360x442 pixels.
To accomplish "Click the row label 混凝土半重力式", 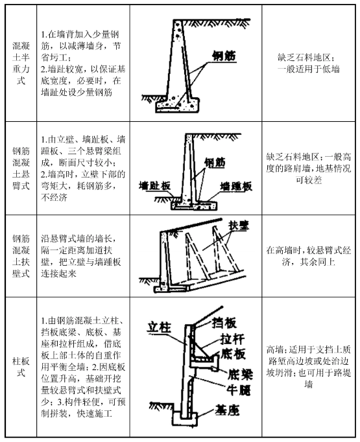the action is pyautogui.click(x=21, y=63).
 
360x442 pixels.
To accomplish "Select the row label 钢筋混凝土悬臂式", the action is pyautogui.click(x=21, y=169).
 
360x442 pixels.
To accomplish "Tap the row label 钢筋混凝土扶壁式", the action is pyautogui.click(x=21, y=256).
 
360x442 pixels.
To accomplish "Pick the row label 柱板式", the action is pyautogui.click(x=21, y=367).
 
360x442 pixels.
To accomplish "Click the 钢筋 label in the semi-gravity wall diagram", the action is pyautogui.click(x=224, y=56).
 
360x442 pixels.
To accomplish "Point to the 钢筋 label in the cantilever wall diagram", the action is pyautogui.click(x=215, y=163).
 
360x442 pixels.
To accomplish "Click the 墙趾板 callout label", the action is pyautogui.click(x=155, y=186).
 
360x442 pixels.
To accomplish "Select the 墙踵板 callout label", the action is pyautogui.click(x=236, y=187).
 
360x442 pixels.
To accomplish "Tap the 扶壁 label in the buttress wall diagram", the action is pyautogui.click(x=239, y=226).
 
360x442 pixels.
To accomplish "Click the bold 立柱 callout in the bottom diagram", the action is pyautogui.click(x=159, y=327).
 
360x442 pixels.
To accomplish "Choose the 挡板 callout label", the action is pyautogui.click(x=224, y=323).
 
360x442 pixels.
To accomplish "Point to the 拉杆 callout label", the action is pyautogui.click(x=232, y=339).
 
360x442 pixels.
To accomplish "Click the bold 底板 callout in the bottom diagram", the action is pyautogui.click(x=233, y=355).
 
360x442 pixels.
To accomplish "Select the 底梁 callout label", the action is pyautogui.click(x=241, y=375).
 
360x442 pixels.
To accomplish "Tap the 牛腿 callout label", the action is pyautogui.click(x=239, y=390).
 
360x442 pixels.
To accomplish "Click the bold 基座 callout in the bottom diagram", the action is pyautogui.click(x=227, y=410).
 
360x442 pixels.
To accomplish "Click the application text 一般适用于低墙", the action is pyautogui.click(x=308, y=69).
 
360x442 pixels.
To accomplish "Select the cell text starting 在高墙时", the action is pyautogui.click(x=308, y=256).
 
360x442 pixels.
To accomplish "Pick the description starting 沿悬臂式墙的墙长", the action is pyautogui.click(x=81, y=256).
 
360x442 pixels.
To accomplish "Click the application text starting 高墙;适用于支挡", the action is pyautogui.click(x=308, y=367).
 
